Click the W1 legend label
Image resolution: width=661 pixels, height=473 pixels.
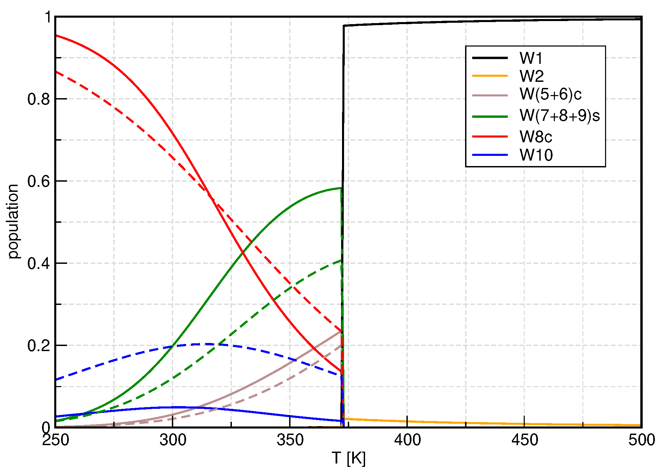pyautogui.click(x=531, y=58)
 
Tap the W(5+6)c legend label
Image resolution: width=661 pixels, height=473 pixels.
pyautogui.click(x=550, y=94)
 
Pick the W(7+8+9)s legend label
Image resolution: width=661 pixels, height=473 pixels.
pyautogui.click(x=559, y=115)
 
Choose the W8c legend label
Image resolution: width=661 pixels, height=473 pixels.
pyautogui.click(x=536, y=137)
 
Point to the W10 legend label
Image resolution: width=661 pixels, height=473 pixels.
pyautogui.click(x=536, y=155)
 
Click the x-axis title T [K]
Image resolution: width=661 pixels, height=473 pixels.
pyautogui.click(x=348, y=458)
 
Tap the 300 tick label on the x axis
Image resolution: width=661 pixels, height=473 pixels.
pyautogui.click(x=173, y=440)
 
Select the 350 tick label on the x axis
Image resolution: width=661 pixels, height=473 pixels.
pyautogui.click(x=290, y=440)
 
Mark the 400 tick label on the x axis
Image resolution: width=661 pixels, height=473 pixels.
pyautogui.click(x=407, y=440)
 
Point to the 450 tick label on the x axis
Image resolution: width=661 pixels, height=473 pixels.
pyautogui.click(x=524, y=440)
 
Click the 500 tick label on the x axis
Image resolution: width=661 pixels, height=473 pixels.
pyautogui.click(x=641, y=440)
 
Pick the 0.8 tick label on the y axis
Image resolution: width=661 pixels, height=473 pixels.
pyautogui.click(x=38, y=99)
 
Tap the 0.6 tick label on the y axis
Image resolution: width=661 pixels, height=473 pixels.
pyautogui.click(x=38, y=181)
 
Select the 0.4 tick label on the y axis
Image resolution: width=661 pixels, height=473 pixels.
pyautogui.click(x=38, y=263)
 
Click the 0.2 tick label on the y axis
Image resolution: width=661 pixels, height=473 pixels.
pyautogui.click(x=38, y=346)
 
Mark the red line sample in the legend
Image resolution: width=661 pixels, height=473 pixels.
pyautogui.click(x=490, y=137)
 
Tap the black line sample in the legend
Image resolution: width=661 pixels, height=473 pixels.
pyautogui.click(x=490, y=58)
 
